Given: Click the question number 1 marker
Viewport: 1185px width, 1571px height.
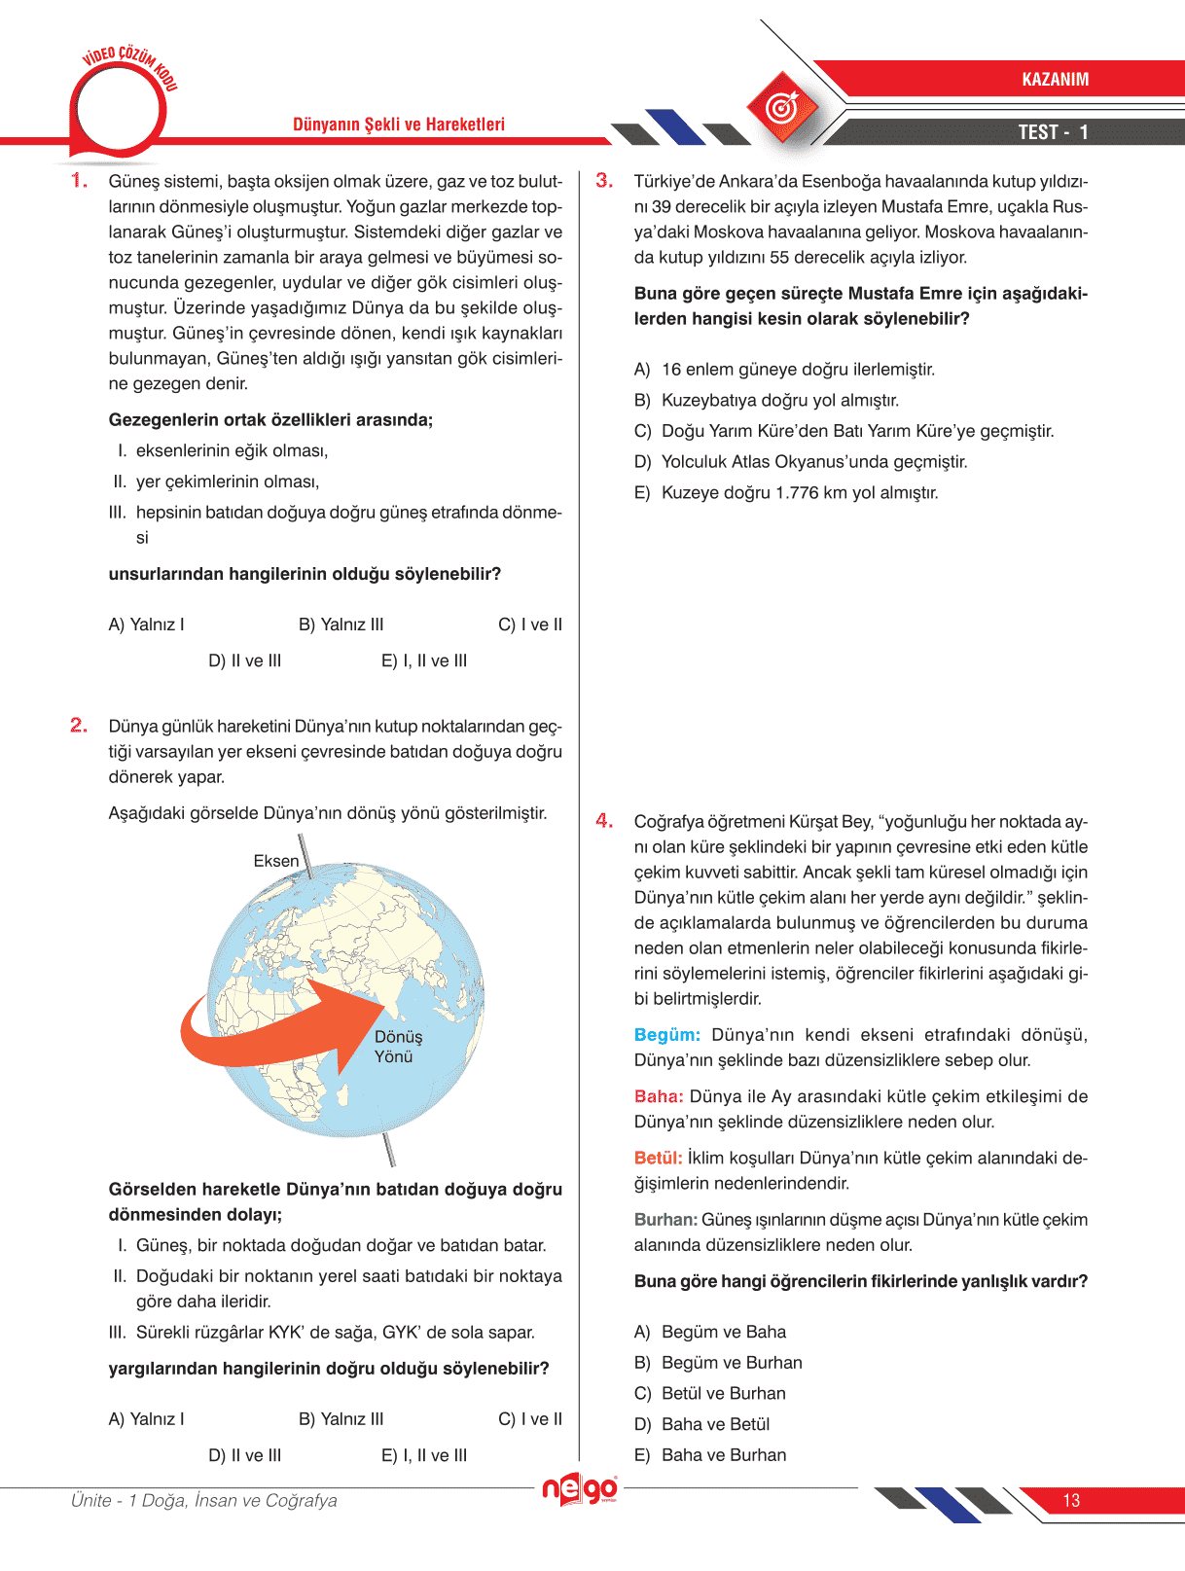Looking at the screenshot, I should (x=79, y=181).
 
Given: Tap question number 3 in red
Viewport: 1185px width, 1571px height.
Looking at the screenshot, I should (x=604, y=181).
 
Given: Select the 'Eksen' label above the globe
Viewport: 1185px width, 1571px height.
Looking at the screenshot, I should (x=276, y=861).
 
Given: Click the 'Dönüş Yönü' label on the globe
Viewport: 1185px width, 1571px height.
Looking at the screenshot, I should (x=398, y=1047).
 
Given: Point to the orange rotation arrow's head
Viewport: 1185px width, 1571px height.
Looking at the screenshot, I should (x=375, y=1021).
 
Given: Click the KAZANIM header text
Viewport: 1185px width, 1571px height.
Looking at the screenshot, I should (x=1055, y=80).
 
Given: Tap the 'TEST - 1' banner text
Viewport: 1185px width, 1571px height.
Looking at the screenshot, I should (x=1053, y=132).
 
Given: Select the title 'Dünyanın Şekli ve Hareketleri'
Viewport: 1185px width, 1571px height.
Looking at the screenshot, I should (x=399, y=125).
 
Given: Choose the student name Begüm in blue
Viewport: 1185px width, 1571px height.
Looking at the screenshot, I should (x=666, y=1035).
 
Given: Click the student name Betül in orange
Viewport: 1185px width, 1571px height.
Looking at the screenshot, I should (x=658, y=1158).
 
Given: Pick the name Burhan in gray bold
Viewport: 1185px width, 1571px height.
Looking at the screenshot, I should (x=665, y=1220).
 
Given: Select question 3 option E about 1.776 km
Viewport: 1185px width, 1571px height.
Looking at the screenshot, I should (x=799, y=493).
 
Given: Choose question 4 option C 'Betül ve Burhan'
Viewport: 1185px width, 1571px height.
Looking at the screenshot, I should (x=723, y=1394).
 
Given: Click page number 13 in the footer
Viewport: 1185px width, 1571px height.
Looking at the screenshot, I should (x=1071, y=1500).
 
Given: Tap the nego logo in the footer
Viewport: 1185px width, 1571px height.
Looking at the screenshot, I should (x=580, y=1489).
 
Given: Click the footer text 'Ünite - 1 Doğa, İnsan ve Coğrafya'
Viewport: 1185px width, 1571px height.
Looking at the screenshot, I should (x=204, y=1500).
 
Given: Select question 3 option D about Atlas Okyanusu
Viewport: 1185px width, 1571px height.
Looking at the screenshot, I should (x=813, y=462).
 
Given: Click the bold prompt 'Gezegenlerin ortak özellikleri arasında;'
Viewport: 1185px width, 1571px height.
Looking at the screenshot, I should (x=270, y=420).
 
